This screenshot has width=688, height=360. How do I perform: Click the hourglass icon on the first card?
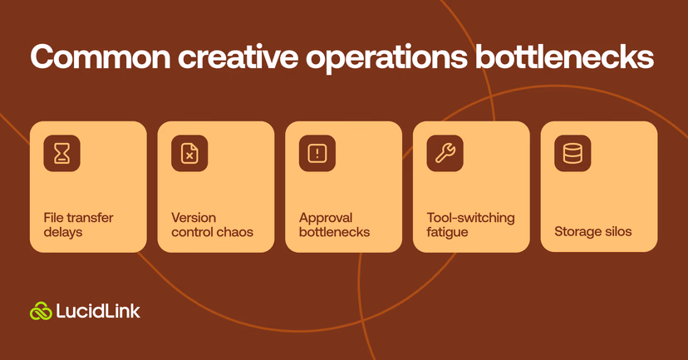[x=61, y=154]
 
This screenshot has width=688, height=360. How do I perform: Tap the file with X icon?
[x=189, y=154]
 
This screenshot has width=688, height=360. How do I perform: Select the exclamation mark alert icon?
[x=317, y=154]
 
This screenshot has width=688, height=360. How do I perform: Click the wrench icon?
[x=445, y=154]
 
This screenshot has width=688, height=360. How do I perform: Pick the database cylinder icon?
[x=573, y=154]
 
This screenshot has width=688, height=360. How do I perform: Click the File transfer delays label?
[x=78, y=224]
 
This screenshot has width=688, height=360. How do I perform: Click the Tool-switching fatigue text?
[x=470, y=224]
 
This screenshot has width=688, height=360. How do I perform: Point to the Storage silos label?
[x=592, y=231]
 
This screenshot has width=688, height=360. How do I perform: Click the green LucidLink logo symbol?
[x=41, y=311]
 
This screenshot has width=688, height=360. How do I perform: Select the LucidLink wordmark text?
[x=98, y=311]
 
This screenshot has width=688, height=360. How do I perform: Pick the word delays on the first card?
[x=63, y=232]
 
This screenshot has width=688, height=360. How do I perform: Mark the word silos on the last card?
[x=616, y=231]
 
